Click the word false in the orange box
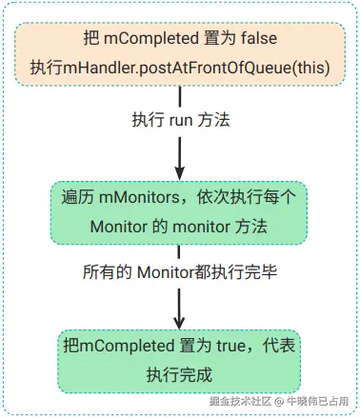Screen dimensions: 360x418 click(x=259, y=38)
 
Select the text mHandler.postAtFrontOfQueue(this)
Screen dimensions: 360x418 click(x=196, y=68)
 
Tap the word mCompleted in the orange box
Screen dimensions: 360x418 click(x=151, y=39)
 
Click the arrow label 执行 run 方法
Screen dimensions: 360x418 click(x=181, y=121)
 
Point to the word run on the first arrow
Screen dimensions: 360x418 click(x=181, y=122)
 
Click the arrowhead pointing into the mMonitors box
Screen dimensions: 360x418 click(x=180, y=172)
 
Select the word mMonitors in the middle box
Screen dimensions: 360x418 click(x=139, y=197)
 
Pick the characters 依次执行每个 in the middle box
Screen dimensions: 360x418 click(x=247, y=197)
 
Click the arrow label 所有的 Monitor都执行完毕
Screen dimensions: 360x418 click(x=180, y=272)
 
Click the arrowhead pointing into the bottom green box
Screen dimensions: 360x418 click(x=179, y=322)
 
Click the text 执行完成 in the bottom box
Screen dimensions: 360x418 click(x=179, y=375)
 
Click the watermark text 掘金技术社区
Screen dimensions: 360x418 click(x=240, y=401)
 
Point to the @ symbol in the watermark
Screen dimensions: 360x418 click(x=279, y=402)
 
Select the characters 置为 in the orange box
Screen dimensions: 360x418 click(x=220, y=38)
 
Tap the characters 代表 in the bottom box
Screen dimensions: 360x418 click(x=279, y=346)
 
